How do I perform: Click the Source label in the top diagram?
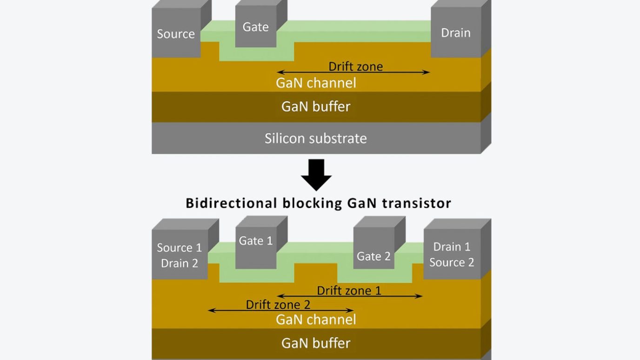point(175,34)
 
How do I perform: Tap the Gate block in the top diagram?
point(255,27)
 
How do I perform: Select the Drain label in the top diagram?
point(455,33)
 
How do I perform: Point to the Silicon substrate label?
point(315,139)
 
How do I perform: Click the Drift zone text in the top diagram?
point(355,66)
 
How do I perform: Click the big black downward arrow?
point(316,175)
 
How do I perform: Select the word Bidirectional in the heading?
point(232,203)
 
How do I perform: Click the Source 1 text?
point(179,247)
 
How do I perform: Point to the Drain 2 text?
point(179,263)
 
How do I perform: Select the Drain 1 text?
point(452,247)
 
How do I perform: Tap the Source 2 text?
point(452,262)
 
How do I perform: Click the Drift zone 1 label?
point(349,291)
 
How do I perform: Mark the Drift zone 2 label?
point(278,305)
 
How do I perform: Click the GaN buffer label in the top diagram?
point(315,107)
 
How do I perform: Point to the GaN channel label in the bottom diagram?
point(315,320)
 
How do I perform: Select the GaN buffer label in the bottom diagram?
point(315,343)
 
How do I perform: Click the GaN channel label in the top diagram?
point(315,83)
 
